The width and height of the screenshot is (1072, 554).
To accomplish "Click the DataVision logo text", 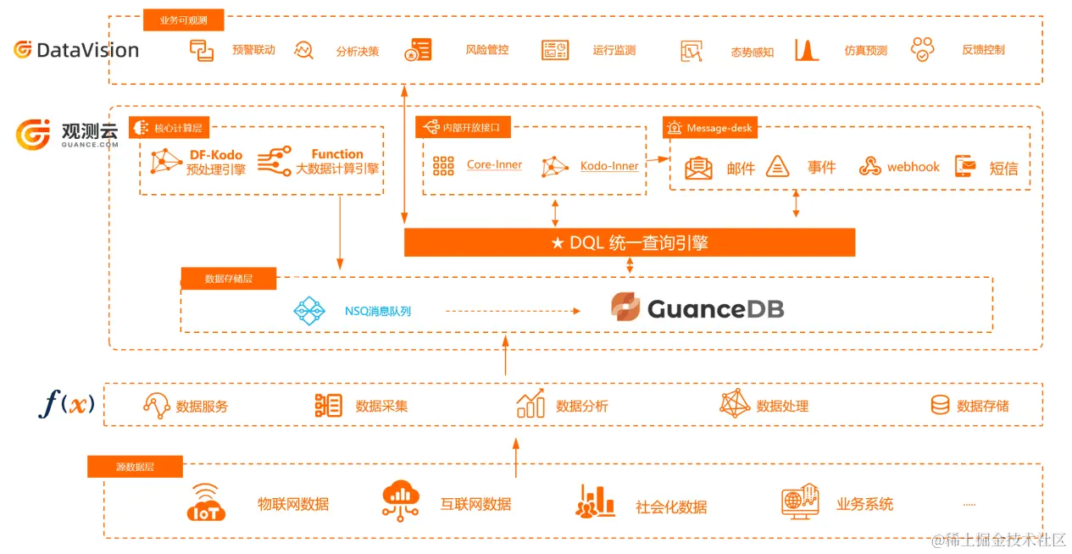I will click(87, 50).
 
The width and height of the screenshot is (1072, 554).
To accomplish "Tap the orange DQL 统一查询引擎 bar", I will click(629, 242).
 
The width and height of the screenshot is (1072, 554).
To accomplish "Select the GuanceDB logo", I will click(697, 308).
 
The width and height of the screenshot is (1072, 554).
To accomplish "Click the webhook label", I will click(913, 167).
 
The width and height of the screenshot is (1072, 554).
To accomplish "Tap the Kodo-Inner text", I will click(608, 165).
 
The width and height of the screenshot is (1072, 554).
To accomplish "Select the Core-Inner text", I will click(494, 164).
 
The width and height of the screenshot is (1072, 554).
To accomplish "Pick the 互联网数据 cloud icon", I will click(401, 501).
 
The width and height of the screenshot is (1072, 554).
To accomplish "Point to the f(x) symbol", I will click(66, 403).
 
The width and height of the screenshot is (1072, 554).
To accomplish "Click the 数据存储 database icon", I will click(940, 405).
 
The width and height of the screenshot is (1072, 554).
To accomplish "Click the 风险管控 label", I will click(487, 50).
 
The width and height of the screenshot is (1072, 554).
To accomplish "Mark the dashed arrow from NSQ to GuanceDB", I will click(513, 311).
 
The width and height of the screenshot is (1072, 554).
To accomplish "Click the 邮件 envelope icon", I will click(698, 167).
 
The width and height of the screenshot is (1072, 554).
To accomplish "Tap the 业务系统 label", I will click(864, 504).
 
